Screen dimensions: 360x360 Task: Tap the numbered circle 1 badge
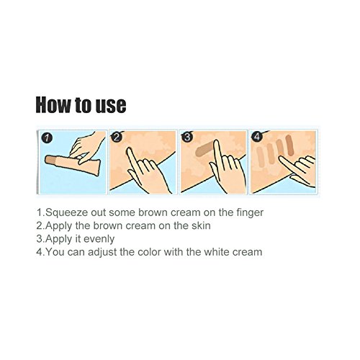(46, 138)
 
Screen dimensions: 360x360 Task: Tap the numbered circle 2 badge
(116, 137)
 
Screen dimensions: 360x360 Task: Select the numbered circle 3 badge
(187, 137)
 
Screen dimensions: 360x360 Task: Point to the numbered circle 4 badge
(257, 137)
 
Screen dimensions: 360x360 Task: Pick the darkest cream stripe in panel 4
(289, 145)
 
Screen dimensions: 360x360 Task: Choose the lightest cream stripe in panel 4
(260, 154)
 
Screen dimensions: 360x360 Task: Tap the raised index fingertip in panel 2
(130, 150)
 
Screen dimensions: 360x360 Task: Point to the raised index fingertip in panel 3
(216, 143)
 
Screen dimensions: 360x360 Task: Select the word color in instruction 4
(149, 252)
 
